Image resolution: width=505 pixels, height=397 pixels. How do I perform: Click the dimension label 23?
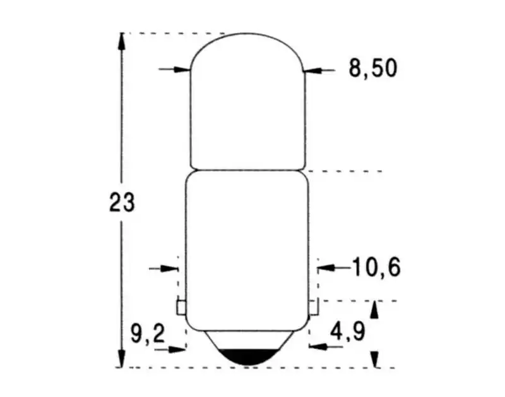pos(122,202)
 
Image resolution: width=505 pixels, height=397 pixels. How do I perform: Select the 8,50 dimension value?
pos(373,68)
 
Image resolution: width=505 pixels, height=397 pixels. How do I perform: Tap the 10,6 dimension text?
pos(377,267)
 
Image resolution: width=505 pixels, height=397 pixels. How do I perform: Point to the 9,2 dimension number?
pos(148,334)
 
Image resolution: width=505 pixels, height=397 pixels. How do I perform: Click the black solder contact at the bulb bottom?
pos(248,357)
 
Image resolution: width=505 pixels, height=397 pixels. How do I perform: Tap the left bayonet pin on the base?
pos(181,307)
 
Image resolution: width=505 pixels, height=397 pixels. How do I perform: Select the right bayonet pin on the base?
pos(313,307)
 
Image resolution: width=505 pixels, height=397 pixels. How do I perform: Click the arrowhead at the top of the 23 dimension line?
pos(121,41)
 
